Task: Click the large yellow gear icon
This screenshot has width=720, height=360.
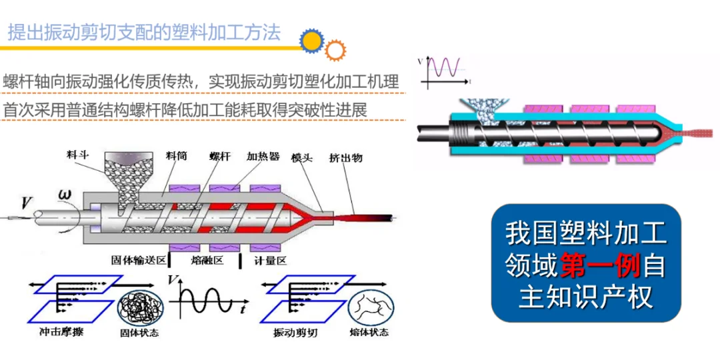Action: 311,41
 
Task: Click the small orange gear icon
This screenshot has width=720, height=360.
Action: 335,49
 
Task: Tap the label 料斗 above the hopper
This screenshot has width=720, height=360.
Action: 79,155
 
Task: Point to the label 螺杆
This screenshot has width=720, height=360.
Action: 220,156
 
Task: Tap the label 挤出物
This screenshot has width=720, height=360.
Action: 346,157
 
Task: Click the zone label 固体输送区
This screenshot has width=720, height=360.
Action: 138,260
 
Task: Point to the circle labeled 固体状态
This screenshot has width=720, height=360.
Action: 138,309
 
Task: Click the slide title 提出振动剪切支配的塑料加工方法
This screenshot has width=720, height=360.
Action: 144,33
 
